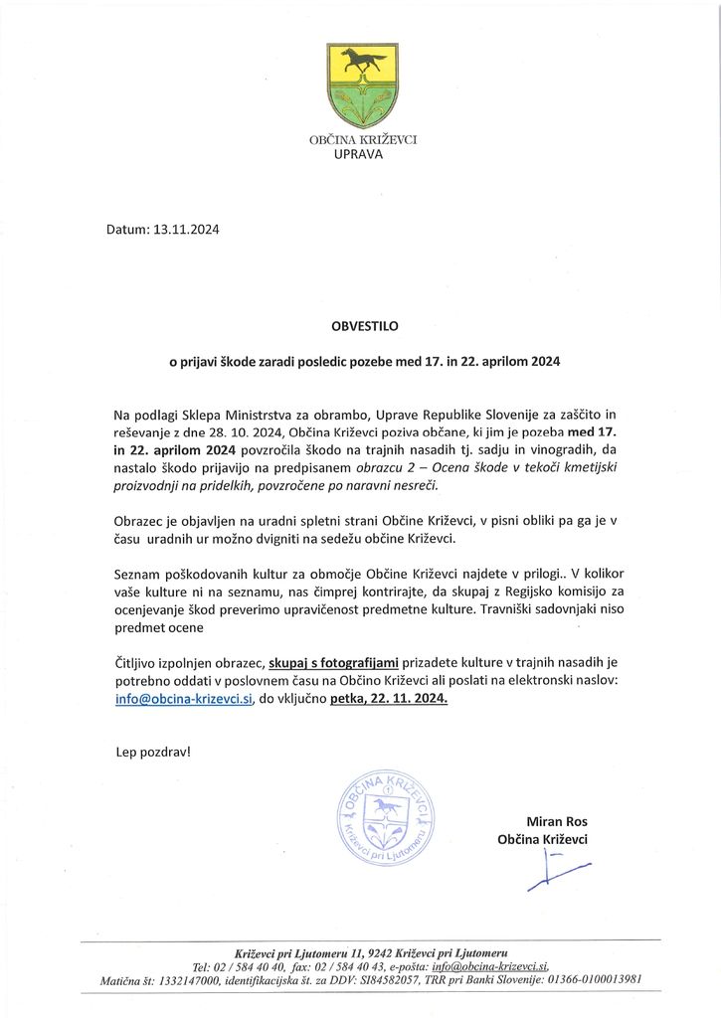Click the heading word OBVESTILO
tap(361, 324)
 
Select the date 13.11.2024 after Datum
tap(186, 230)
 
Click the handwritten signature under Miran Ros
tap(557, 872)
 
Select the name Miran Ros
tap(557, 821)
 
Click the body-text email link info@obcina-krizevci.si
tap(184, 698)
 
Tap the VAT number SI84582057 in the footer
tap(393, 981)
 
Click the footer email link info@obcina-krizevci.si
tap(480, 965)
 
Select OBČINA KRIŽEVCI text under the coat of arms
tap(363, 140)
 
